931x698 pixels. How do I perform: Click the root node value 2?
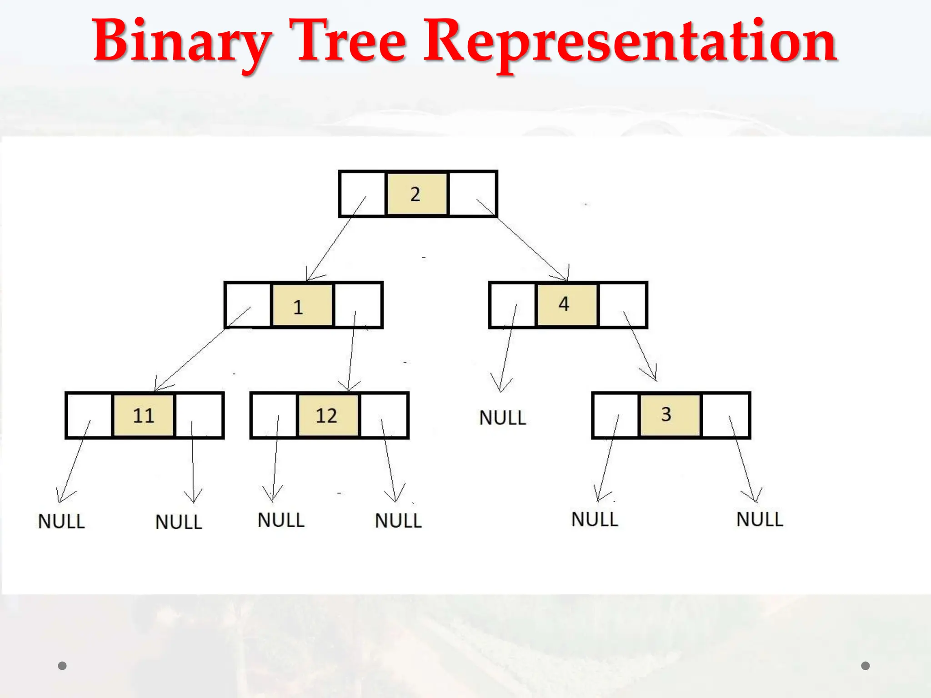click(x=416, y=194)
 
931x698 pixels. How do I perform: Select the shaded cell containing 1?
click(x=301, y=305)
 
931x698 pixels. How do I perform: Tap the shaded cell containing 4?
click(x=566, y=304)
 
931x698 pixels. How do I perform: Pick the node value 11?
click(x=144, y=415)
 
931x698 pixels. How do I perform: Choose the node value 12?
click(x=327, y=415)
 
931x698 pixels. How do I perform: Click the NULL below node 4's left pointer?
click(x=502, y=418)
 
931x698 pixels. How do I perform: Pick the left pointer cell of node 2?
click(x=362, y=194)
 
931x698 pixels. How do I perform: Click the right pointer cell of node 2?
click(x=473, y=194)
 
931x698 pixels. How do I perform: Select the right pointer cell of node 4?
click(x=623, y=305)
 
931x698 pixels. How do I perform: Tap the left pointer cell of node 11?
click(x=89, y=415)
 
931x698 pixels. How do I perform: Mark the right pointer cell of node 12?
click(x=384, y=415)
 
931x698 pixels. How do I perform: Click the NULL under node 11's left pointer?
click(x=61, y=521)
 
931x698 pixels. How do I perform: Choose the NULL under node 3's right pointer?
click(x=760, y=519)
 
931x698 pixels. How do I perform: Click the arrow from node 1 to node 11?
click(x=195, y=354)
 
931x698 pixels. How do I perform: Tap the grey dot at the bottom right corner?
click(x=866, y=666)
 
